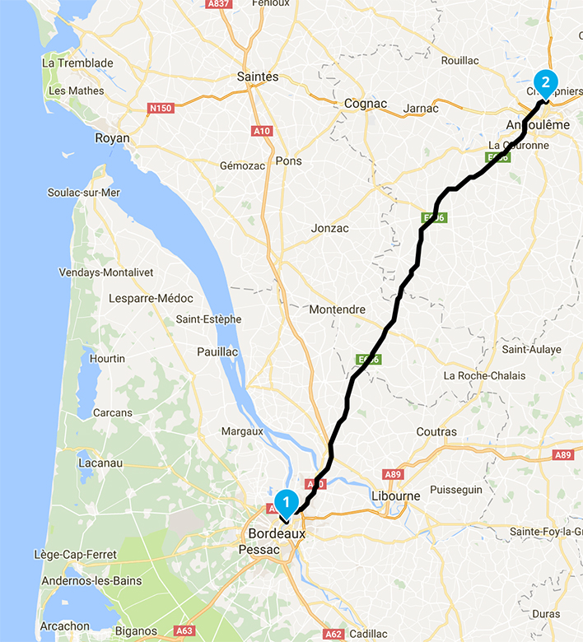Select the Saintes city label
(x=258, y=77)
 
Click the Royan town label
(x=113, y=137)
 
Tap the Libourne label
(x=396, y=495)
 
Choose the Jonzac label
(x=330, y=228)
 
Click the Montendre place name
(x=337, y=309)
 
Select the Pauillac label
(x=217, y=351)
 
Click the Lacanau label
(x=100, y=463)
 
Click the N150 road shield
(x=161, y=107)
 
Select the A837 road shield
(x=218, y=3)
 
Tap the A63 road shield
(x=184, y=631)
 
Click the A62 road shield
(x=333, y=634)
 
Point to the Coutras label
(x=436, y=431)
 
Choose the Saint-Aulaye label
(x=531, y=349)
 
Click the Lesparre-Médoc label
(x=151, y=298)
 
